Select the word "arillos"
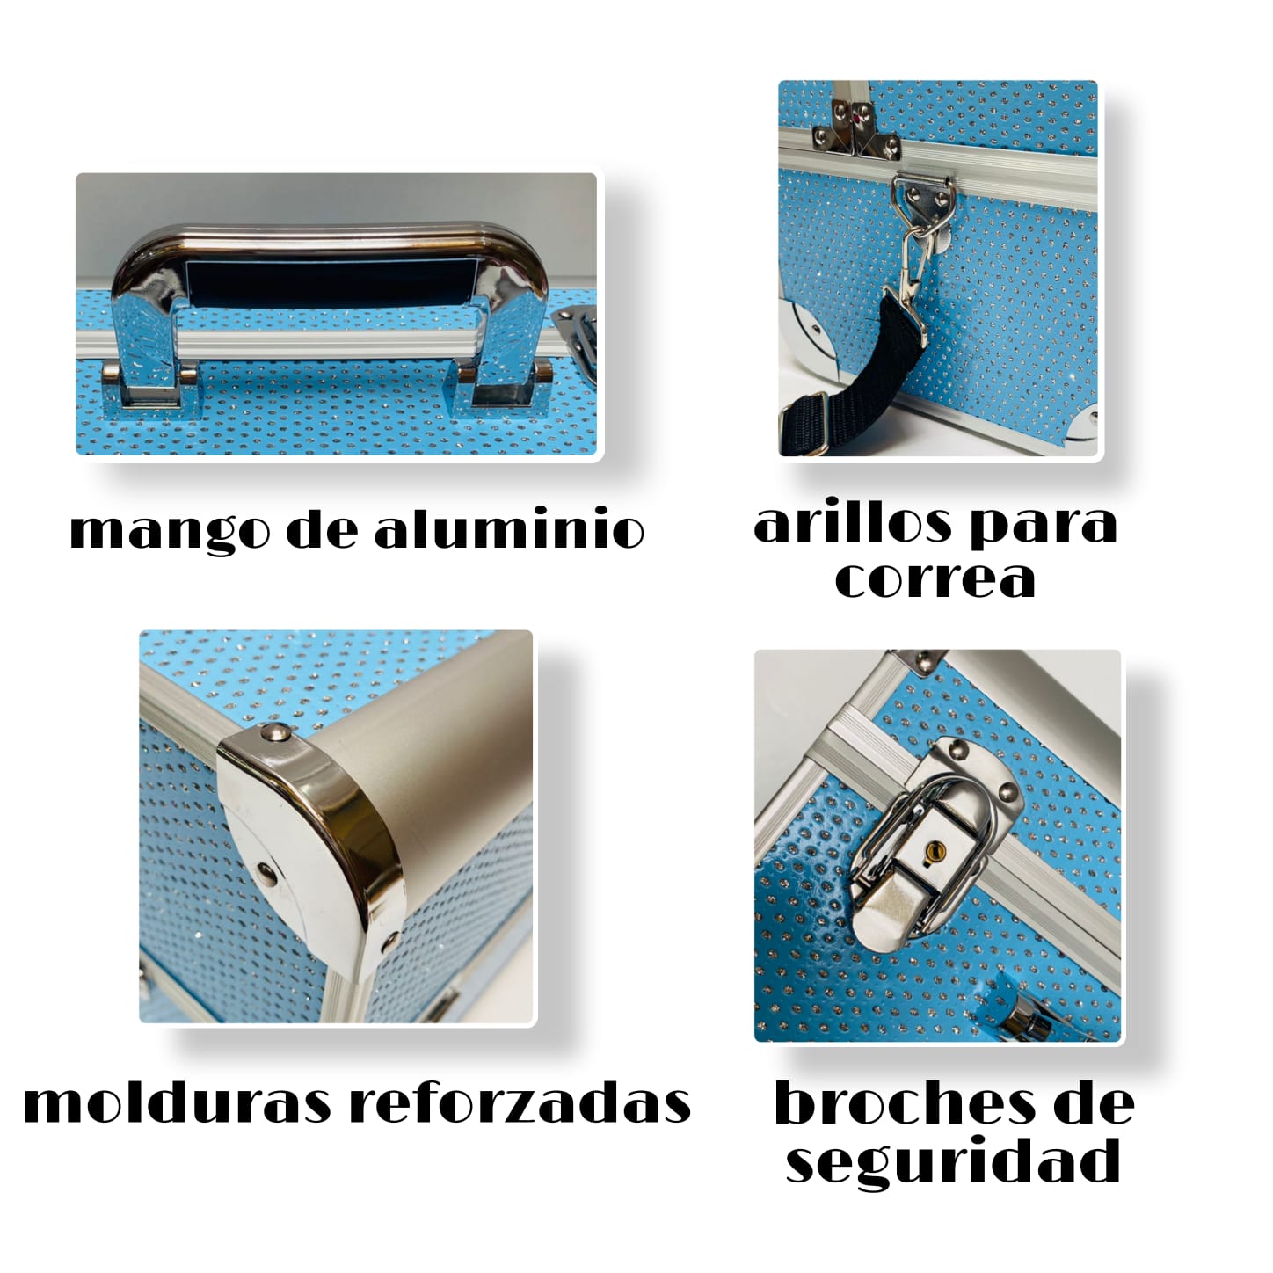tap(852, 524)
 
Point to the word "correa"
tap(935, 579)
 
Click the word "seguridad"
tap(953, 1161)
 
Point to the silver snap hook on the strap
tap(910, 255)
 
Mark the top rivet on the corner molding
tap(274, 731)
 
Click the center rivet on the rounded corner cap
tap(265, 872)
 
